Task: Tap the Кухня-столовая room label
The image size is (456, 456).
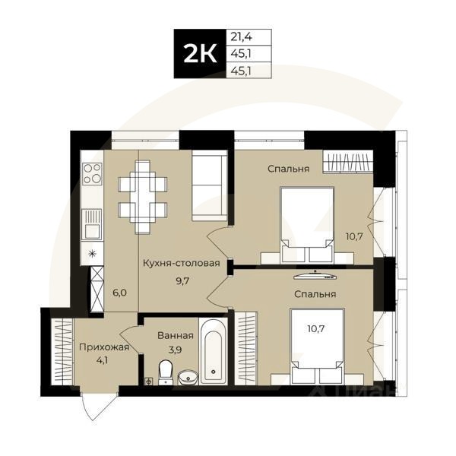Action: [x=181, y=264]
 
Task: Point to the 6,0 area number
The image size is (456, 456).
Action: [x=119, y=291]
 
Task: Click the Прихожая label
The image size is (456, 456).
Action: [x=104, y=347]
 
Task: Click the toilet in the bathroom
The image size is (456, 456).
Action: [x=165, y=370]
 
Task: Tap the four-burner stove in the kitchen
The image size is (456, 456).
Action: [x=93, y=173]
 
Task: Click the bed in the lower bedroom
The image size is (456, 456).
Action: [x=318, y=346]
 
